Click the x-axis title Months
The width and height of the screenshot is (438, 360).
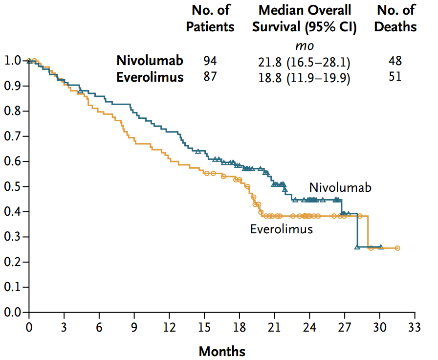(222, 351)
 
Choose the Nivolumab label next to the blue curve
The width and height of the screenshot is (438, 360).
(340, 187)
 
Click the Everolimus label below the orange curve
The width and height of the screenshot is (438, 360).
(282, 229)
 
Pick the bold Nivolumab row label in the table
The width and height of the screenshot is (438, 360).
(150, 61)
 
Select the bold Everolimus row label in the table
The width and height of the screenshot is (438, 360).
(150, 77)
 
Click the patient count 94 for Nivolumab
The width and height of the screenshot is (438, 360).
(210, 61)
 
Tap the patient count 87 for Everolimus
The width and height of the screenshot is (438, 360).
(210, 77)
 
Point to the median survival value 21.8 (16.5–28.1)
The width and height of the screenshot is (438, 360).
(304, 62)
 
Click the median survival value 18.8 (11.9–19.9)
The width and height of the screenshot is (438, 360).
(304, 78)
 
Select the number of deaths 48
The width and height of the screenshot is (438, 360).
(395, 61)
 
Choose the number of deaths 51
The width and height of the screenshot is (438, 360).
(395, 77)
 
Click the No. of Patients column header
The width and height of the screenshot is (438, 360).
(210, 18)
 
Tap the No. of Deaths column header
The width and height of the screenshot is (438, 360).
(395, 18)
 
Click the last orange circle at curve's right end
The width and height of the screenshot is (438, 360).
(397, 248)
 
